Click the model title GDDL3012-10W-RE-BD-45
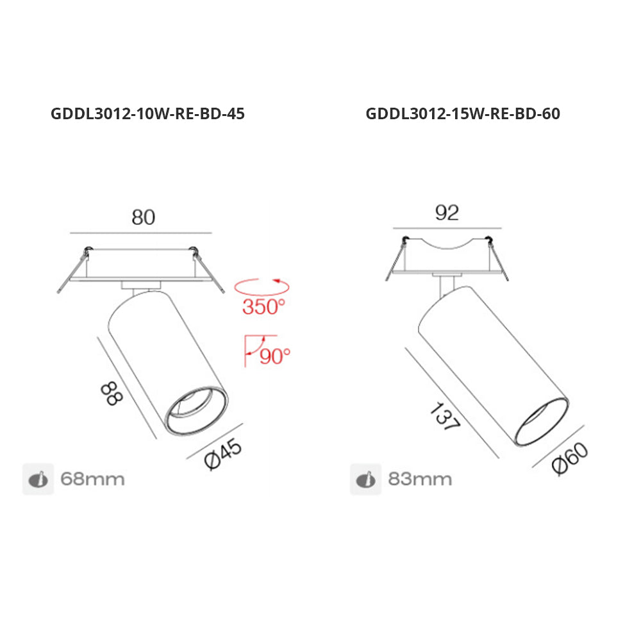click(147, 113)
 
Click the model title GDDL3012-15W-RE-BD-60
click(463, 113)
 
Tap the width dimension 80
click(144, 217)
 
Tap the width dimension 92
click(447, 213)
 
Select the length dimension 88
click(112, 394)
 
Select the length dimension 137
click(445, 416)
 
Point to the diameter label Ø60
click(570, 459)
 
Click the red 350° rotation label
click(263, 306)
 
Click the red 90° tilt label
click(275, 356)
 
